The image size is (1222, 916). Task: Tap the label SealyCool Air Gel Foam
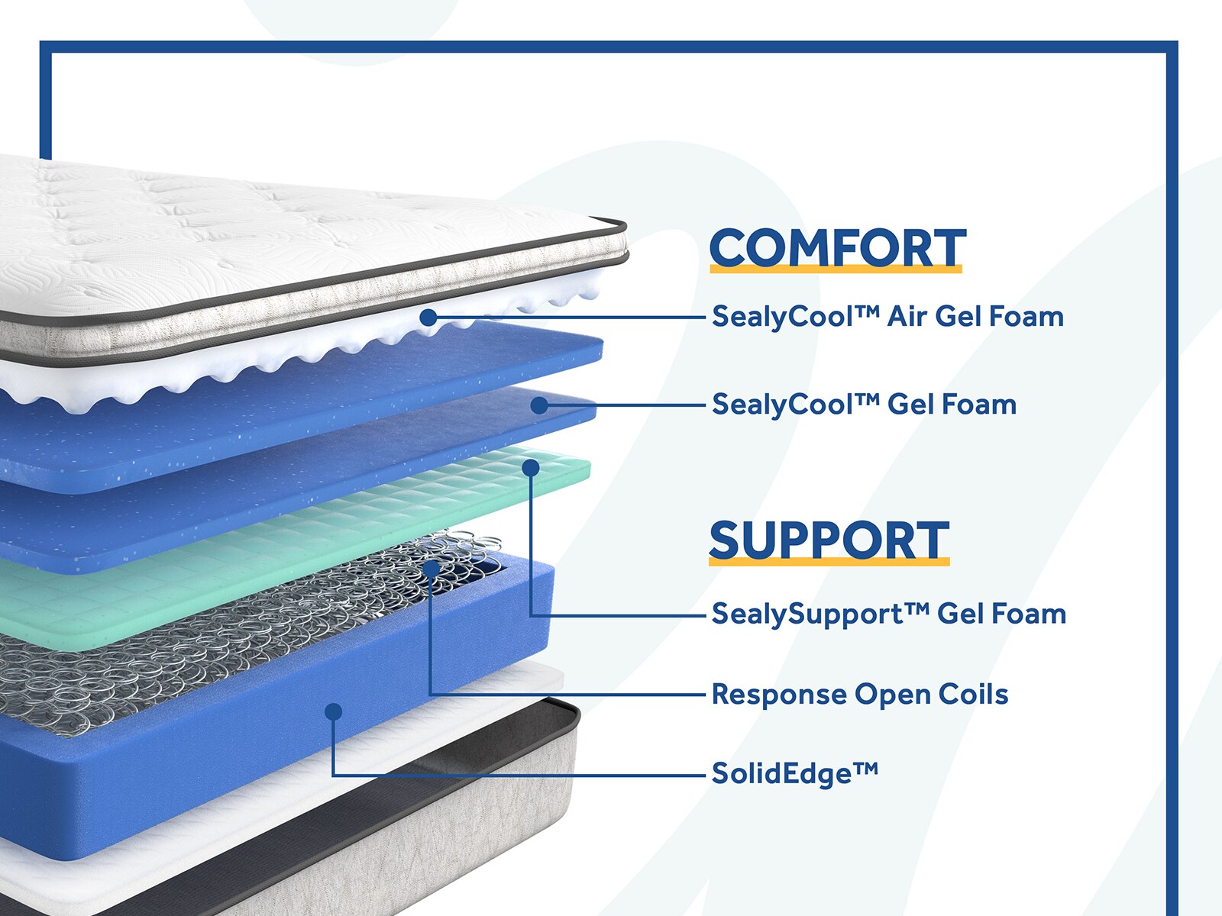pyautogui.click(x=887, y=316)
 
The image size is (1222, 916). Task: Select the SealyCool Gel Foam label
pyautogui.click(x=864, y=404)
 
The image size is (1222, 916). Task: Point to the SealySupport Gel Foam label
pyautogui.click(x=888, y=614)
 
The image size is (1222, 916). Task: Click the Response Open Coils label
pyautogui.click(x=859, y=694)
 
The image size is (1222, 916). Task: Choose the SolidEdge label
pyautogui.click(x=794, y=773)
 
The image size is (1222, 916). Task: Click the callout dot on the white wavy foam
pyautogui.click(x=428, y=317)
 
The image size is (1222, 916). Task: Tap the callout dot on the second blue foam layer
pyautogui.click(x=539, y=405)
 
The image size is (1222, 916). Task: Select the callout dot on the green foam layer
pyautogui.click(x=531, y=467)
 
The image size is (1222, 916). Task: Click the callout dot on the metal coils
pyautogui.click(x=432, y=569)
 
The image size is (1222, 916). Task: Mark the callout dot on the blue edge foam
pyautogui.click(x=333, y=711)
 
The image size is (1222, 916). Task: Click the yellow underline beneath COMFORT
pyautogui.click(x=836, y=268)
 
